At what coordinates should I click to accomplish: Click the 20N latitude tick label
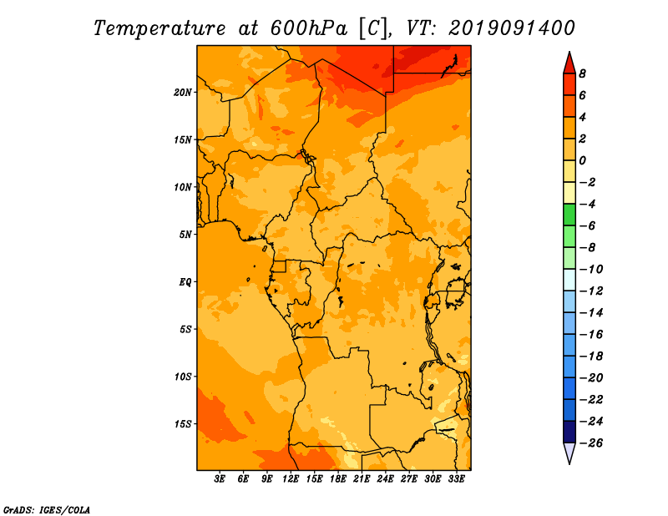click(183, 93)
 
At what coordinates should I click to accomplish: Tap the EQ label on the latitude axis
click(185, 282)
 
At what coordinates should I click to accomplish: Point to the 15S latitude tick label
click(183, 424)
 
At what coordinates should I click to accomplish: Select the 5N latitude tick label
click(185, 235)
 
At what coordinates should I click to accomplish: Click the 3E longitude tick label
click(220, 478)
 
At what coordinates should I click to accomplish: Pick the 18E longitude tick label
click(338, 478)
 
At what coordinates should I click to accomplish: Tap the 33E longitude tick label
click(456, 478)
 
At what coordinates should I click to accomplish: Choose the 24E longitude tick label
click(385, 478)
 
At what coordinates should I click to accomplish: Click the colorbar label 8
click(582, 73)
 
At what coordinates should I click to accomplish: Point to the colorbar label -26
click(591, 443)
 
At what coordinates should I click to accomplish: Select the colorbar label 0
click(582, 160)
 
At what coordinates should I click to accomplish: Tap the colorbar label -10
click(591, 270)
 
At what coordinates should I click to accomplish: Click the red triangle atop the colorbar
click(569, 64)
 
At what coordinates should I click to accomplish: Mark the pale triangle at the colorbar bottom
click(569, 452)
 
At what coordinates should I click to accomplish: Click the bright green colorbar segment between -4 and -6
click(569, 215)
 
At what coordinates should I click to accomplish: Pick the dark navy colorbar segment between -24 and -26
click(569, 432)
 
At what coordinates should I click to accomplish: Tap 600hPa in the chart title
click(308, 28)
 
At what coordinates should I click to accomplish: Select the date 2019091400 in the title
click(511, 28)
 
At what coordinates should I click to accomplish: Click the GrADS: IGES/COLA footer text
click(47, 510)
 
